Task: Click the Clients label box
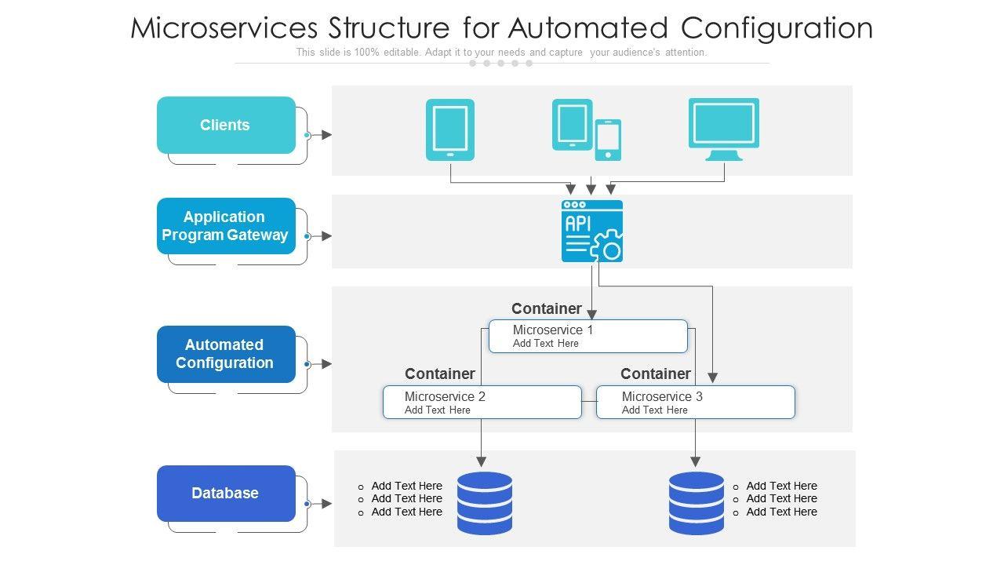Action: coord(226,125)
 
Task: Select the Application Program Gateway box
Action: coord(226,226)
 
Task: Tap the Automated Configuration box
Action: coord(226,354)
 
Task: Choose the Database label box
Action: coord(226,494)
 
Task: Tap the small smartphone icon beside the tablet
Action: coord(608,140)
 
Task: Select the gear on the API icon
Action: coord(607,246)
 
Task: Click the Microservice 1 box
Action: coord(588,336)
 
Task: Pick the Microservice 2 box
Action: coord(482,402)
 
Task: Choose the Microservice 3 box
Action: coord(696,402)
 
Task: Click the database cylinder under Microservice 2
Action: coord(484,503)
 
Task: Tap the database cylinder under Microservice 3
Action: coord(697,503)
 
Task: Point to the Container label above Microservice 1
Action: coord(547,308)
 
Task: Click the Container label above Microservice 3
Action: coord(656,374)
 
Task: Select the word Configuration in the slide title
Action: coord(777,28)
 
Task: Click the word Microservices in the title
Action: coord(224,28)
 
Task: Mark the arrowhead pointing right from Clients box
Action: coord(326,135)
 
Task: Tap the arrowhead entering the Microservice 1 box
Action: coord(592,315)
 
